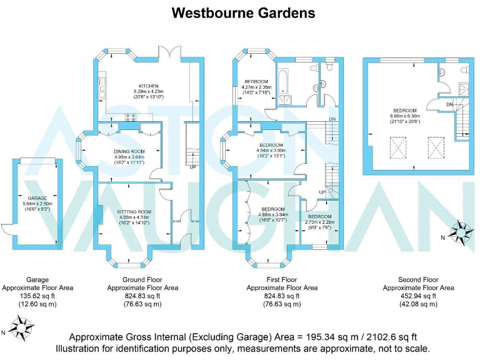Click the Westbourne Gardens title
click(243, 12)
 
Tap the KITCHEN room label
click(147, 86)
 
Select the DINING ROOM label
click(129, 151)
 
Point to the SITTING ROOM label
click(135, 212)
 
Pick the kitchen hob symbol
click(132, 116)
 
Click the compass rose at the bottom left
click(23, 326)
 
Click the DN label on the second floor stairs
click(450, 104)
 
